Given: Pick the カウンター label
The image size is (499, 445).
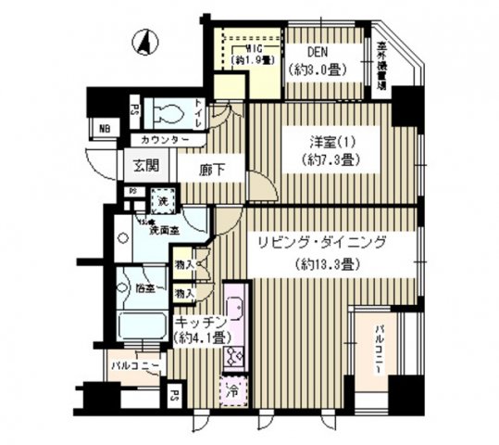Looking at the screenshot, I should click(x=168, y=140).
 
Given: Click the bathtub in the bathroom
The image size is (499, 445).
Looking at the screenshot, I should click(x=143, y=328).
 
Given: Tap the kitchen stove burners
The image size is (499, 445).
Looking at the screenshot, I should click(x=232, y=354).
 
